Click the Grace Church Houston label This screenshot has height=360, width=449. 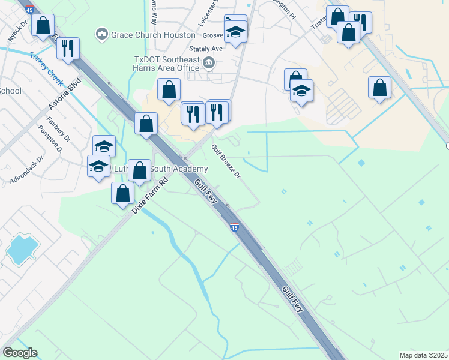[x=153, y=35]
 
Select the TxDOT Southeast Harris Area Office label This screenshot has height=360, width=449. [x=167, y=64]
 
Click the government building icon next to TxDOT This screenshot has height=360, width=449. [x=209, y=62]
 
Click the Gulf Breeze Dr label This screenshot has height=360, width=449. [x=226, y=162]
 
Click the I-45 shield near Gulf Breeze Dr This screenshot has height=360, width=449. [x=234, y=227]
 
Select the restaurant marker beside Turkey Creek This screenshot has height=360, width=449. [x=68, y=47]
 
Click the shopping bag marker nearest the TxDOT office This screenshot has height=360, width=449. [x=169, y=89]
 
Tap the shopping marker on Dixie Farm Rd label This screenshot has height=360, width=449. [x=123, y=194]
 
